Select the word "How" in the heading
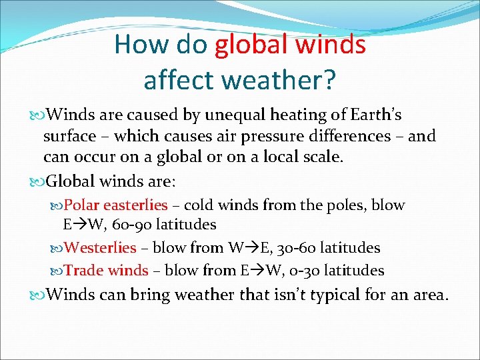139,45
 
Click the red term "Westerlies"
101,248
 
